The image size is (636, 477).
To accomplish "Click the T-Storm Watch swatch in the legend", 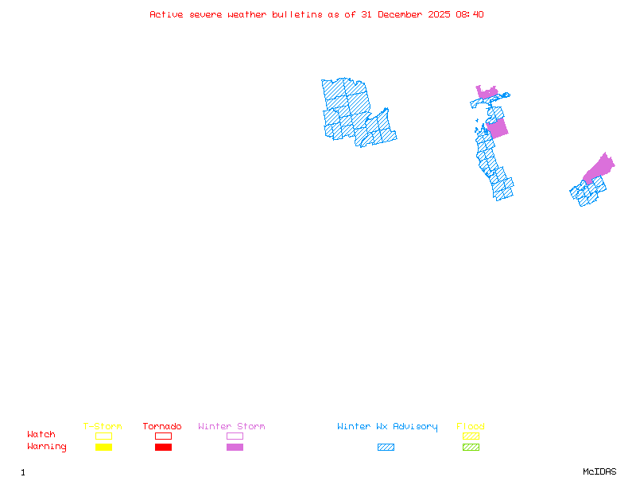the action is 103,436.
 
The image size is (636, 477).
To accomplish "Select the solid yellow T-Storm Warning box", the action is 103,448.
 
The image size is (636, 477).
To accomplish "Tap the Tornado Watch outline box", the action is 163,436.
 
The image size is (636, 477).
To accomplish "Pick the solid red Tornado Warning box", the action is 163,448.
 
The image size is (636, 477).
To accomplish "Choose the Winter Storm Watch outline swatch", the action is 235,436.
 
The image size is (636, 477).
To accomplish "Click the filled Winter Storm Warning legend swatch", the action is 235,448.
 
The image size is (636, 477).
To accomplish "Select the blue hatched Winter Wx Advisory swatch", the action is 386,448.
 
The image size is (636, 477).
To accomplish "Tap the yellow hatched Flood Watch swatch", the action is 471,436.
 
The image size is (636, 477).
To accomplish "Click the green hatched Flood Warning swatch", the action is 471,448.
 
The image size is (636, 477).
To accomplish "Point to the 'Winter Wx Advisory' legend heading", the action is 387,427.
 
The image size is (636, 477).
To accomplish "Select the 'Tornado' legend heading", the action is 162,427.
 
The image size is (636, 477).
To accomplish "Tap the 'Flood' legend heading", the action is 471,427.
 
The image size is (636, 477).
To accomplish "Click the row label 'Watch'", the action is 41,435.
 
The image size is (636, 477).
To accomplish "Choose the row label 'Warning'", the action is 47,447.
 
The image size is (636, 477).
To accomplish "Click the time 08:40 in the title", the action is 471,14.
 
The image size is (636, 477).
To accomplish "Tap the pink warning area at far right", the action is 600,168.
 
